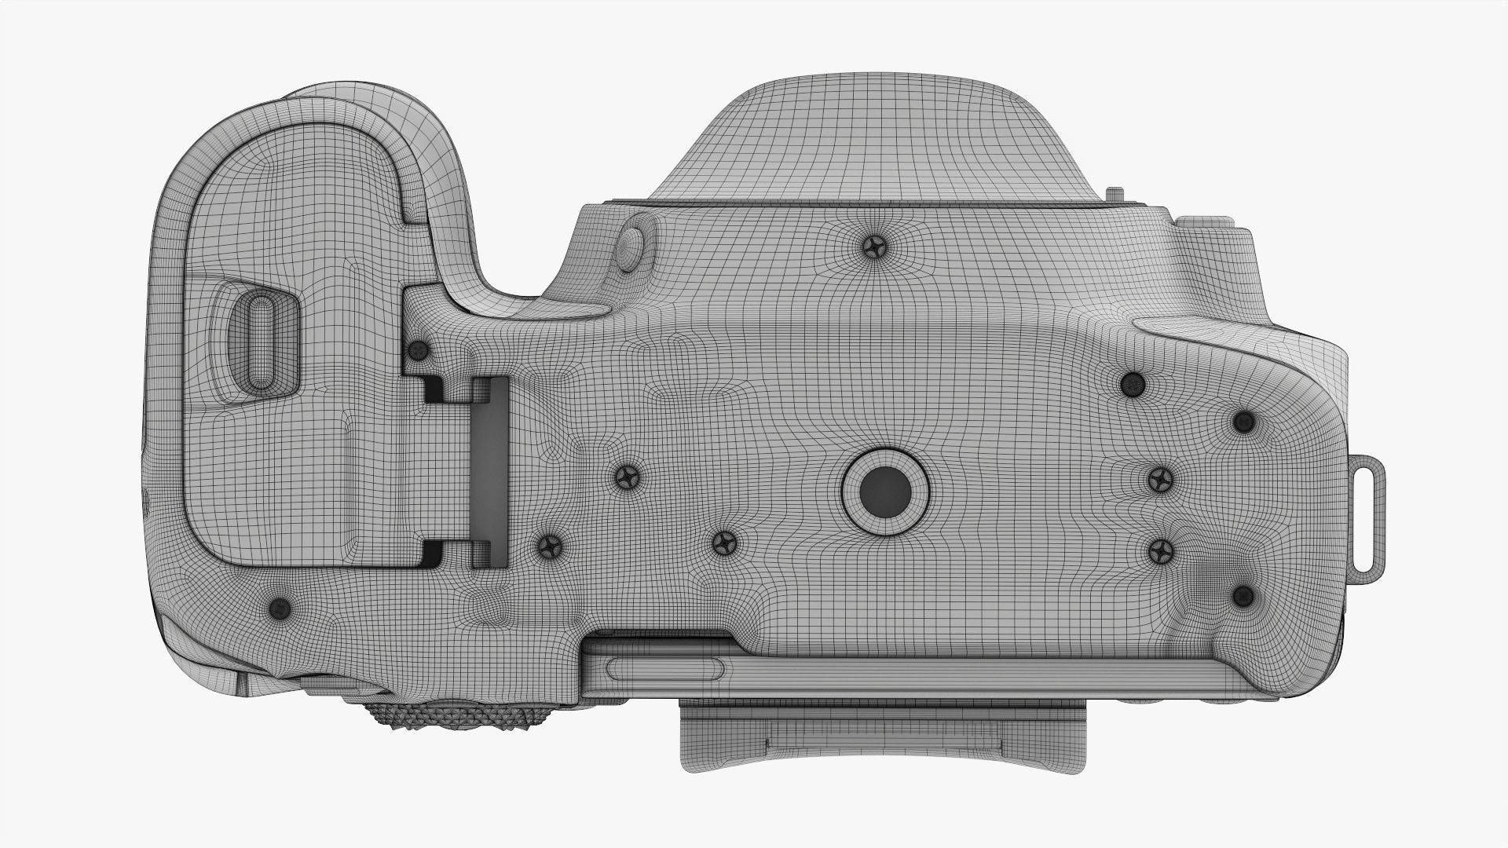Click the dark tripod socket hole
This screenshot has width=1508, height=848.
885,492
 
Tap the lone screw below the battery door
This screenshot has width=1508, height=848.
280,607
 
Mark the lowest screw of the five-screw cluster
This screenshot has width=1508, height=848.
1242,596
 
